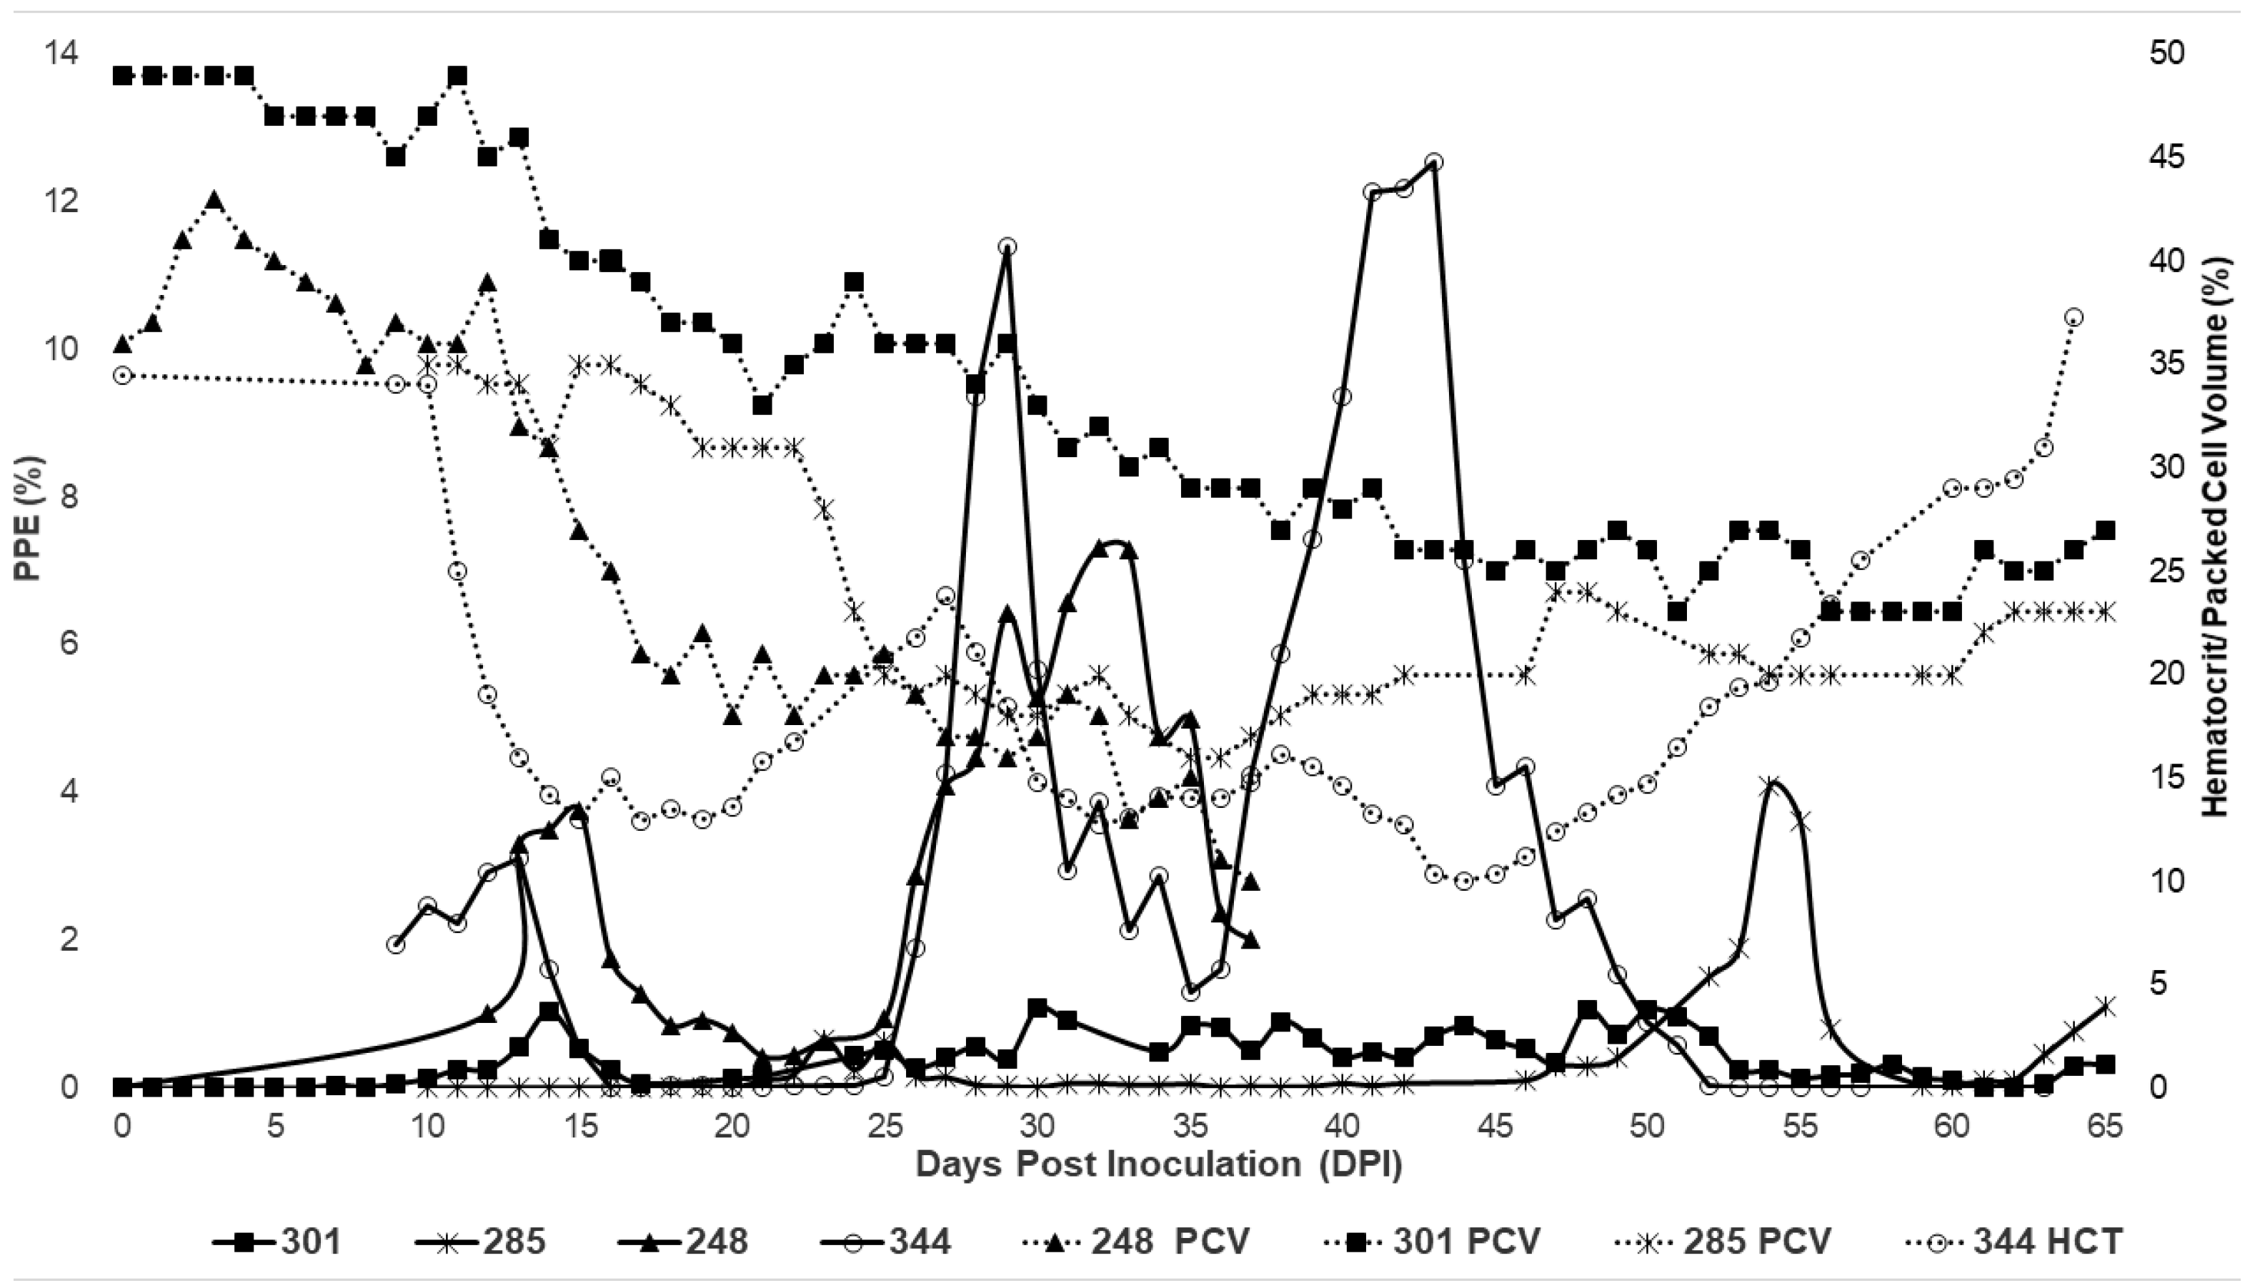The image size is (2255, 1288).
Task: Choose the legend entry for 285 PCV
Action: [x=1734, y=1243]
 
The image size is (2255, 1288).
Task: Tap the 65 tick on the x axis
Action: [x=2105, y=1127]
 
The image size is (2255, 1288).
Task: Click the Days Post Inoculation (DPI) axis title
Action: [x=1159, y=1164]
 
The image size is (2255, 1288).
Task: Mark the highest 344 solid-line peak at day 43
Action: [x=1434, y=162]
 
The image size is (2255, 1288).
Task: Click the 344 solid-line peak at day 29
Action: [x=1007, y=246]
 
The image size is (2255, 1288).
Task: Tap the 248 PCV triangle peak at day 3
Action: [x=213, y=200]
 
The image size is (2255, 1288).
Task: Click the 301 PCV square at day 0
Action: [x=123, y=76]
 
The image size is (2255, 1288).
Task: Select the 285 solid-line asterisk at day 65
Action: [x=2106, y=1006]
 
